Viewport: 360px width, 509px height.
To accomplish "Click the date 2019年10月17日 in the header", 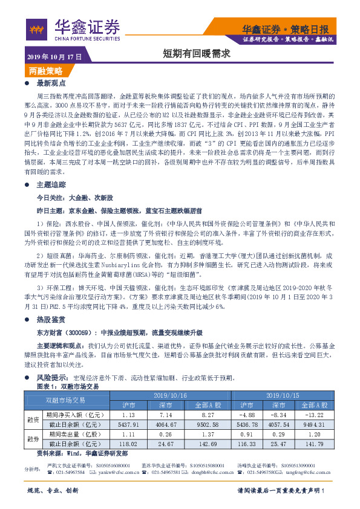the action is (x=55, y=56).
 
